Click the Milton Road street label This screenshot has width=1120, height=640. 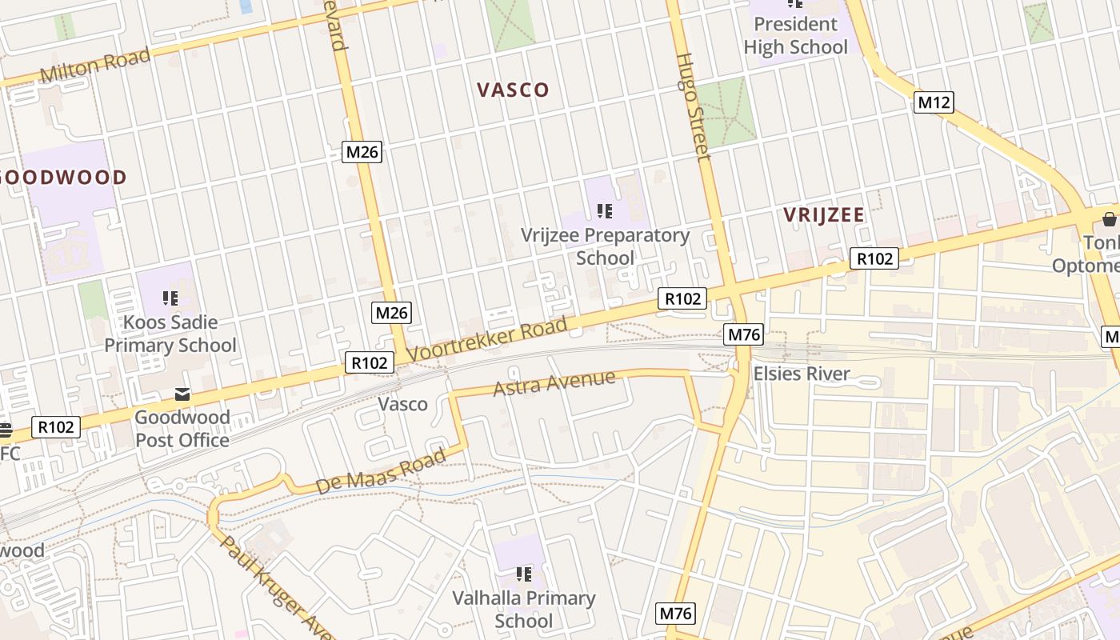94,66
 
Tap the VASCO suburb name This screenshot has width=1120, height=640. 513,90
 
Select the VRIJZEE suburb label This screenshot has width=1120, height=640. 823,214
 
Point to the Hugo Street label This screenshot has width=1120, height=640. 693,106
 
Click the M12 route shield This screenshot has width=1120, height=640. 934,102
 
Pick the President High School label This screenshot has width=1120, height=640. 795,36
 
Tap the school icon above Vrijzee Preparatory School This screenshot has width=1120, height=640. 605,211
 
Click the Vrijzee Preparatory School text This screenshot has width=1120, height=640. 605,246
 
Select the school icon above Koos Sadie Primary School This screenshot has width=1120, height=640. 170,298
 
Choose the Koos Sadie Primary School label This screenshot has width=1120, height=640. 170,334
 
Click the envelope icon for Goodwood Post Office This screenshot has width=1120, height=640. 182,394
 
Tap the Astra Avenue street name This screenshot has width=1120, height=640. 554,383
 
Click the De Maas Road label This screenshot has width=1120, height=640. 381,471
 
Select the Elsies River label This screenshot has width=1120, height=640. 802,374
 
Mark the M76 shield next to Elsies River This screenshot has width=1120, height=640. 744,334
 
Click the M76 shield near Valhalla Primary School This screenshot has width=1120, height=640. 675,614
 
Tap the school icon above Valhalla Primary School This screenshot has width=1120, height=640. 524,574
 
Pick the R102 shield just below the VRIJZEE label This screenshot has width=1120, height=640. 874,258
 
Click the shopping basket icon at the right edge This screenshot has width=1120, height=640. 1109,218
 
